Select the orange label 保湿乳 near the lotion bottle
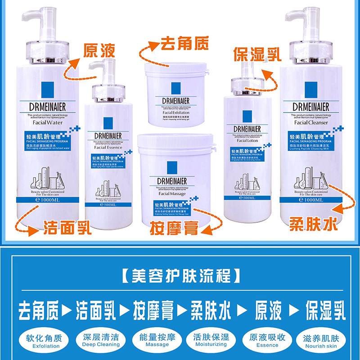tap(257, 54)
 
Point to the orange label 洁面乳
tap(68, 227)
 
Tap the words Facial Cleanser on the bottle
tap(311, 122)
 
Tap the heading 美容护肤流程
tap(180, 274)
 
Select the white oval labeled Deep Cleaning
tap(101, 340)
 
